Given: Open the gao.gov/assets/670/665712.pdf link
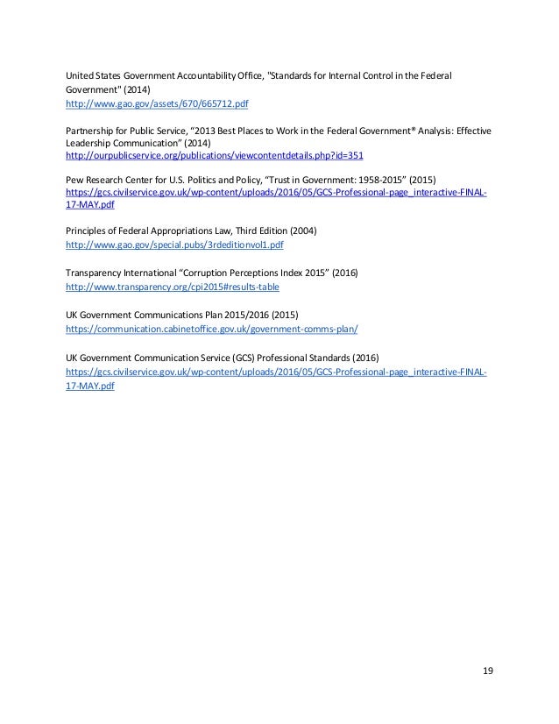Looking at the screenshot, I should (x=158, y=103).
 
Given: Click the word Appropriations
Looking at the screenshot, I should (x=207, y=230).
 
